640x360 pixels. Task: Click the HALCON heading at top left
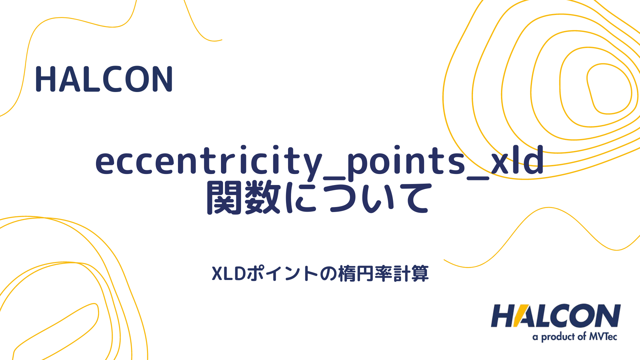[104, 79]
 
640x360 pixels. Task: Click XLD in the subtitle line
[229, 274]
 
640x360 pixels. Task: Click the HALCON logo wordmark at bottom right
[555, 316]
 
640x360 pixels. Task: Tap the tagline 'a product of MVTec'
[575, 337]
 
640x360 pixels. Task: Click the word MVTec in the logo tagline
[603, 336]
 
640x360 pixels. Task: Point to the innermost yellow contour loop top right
[609, 89]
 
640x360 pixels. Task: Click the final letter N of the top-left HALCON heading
[162, 79]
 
